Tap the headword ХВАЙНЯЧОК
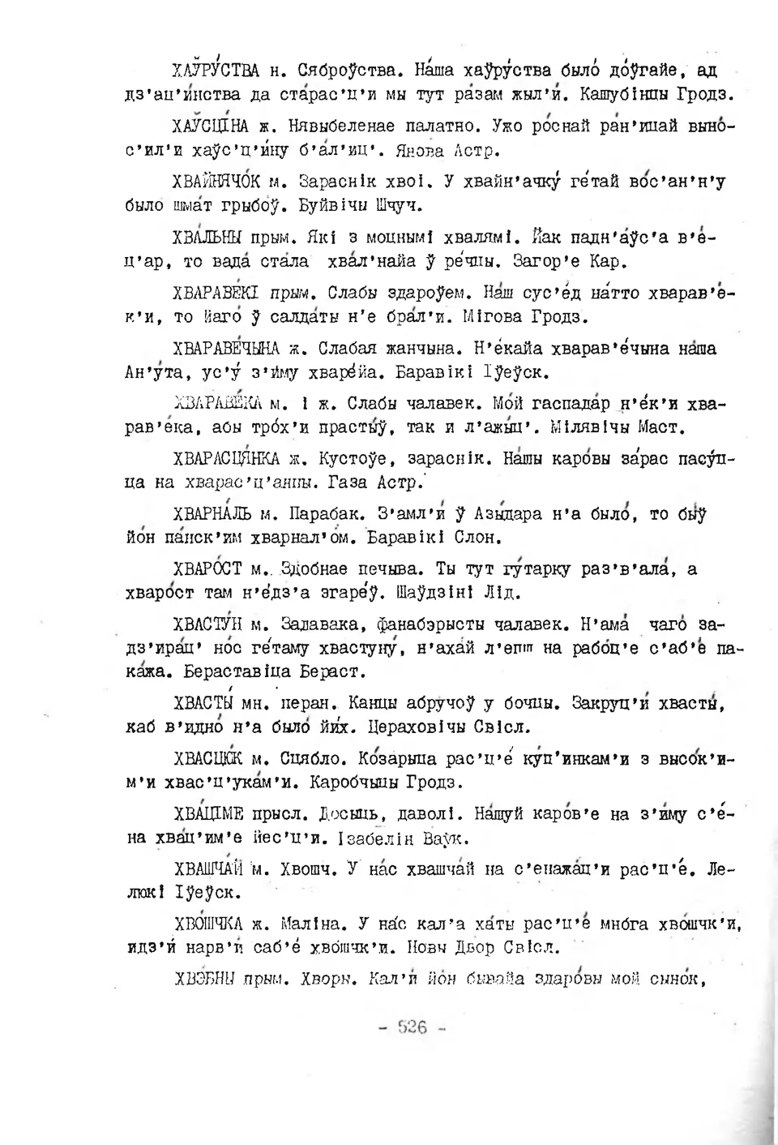pos(215,182)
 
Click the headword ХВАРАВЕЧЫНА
pos(229,349)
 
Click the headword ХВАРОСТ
pos(207,569)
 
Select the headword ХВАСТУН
pos(208,625)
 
